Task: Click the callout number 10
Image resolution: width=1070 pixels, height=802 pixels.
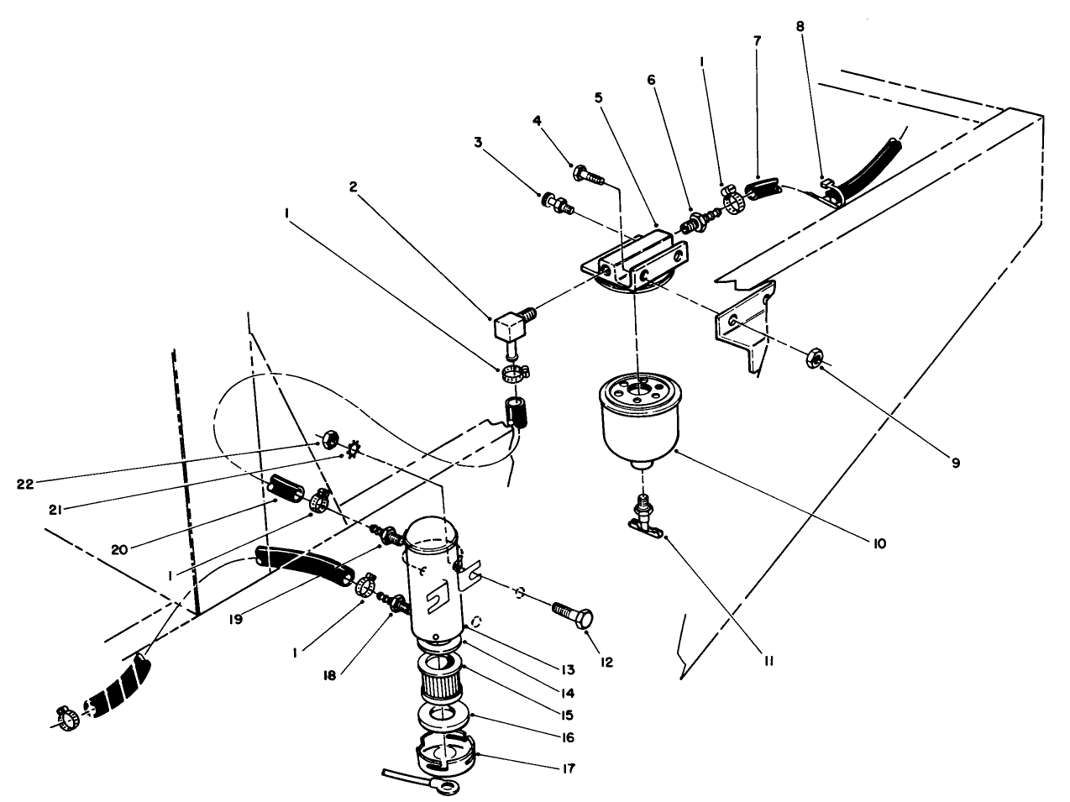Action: tap(879, 544)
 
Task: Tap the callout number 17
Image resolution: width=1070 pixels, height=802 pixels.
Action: tap(572, 767)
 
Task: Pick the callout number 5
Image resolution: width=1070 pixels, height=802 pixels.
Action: tap(598, 97)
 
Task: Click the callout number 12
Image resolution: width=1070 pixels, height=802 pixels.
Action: tap(606, 662)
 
